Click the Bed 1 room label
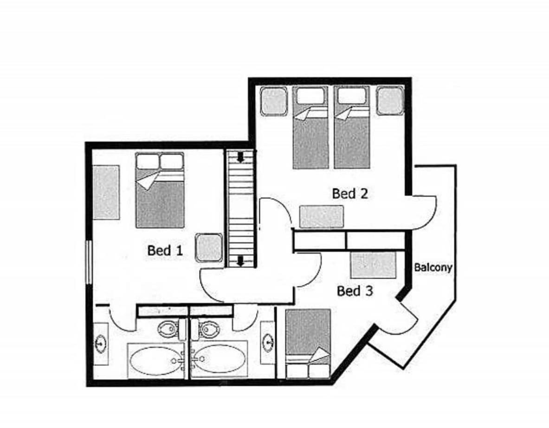tap(165, 250)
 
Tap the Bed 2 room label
tap(350, 193)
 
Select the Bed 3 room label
tap(355, 291)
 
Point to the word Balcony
tap(433, 267)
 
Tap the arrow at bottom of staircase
tap(240, 261)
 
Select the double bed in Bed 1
tap(160, 190)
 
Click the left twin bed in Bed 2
tap(310, 127)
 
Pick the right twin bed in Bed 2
tap(352, 127)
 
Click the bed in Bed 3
tap(308, 344)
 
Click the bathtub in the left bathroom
tap(156, 360)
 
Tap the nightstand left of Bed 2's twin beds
tap(274, 101)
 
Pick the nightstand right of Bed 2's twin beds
tap(390, 100)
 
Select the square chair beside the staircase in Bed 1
tap(209, 247)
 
